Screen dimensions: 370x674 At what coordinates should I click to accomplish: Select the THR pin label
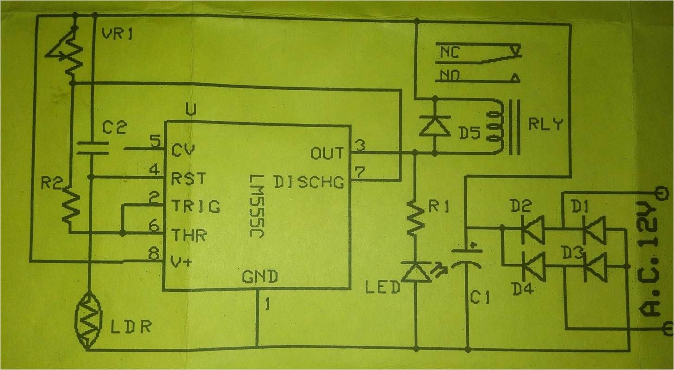pos(188,235)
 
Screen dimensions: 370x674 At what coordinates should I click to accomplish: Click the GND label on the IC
pos(259,276)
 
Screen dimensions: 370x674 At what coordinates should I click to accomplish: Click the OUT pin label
pos(328,153)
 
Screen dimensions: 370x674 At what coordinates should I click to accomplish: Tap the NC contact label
pos(449,52)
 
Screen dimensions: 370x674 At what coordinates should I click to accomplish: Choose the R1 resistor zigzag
pos(416,218)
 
